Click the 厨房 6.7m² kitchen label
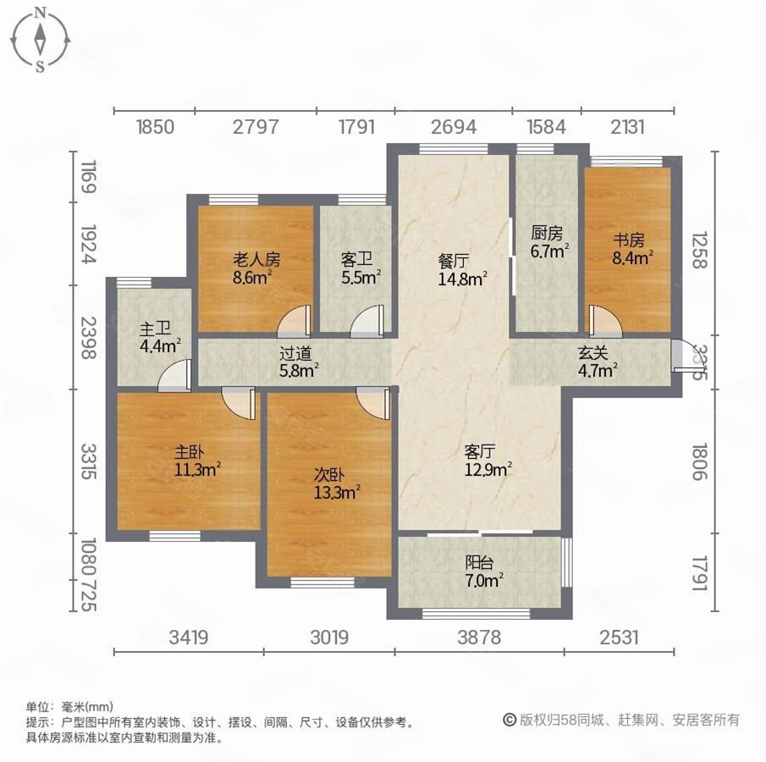(x=548, y=242)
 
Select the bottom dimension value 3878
(x=477, y=638)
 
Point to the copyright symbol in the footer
(x=510, y=720)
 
